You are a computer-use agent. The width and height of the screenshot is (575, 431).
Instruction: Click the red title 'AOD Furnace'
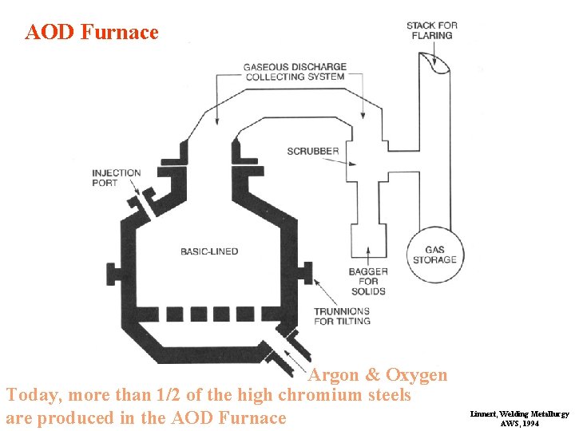click(x=92, y=33)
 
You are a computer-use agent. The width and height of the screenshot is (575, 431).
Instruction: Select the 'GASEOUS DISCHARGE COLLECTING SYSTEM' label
click(x=295, y=72)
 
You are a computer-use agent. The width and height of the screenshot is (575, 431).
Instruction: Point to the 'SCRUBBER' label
click(x=313, y=152)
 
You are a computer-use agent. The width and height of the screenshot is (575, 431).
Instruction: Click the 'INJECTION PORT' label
click(x=116, y=178)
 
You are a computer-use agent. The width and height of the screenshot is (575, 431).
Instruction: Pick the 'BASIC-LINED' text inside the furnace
click(x=209, y=251)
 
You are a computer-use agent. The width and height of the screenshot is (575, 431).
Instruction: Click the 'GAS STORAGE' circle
click(x=435, y=255)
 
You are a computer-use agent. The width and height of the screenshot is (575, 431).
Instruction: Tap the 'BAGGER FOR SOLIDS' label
click(x=367, y=282)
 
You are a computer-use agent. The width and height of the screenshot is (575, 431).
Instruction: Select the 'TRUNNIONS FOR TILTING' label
click(x=342, y=316)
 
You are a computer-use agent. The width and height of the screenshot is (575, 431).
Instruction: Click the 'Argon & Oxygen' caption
click(x=378, y=375)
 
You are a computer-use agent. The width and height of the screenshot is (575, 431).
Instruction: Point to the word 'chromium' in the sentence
click(x=315, y=395)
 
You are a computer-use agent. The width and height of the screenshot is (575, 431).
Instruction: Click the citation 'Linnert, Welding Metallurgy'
click(x=519, y=414)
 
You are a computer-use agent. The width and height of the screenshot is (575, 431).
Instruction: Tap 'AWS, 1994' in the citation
click(x=519, y=424)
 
